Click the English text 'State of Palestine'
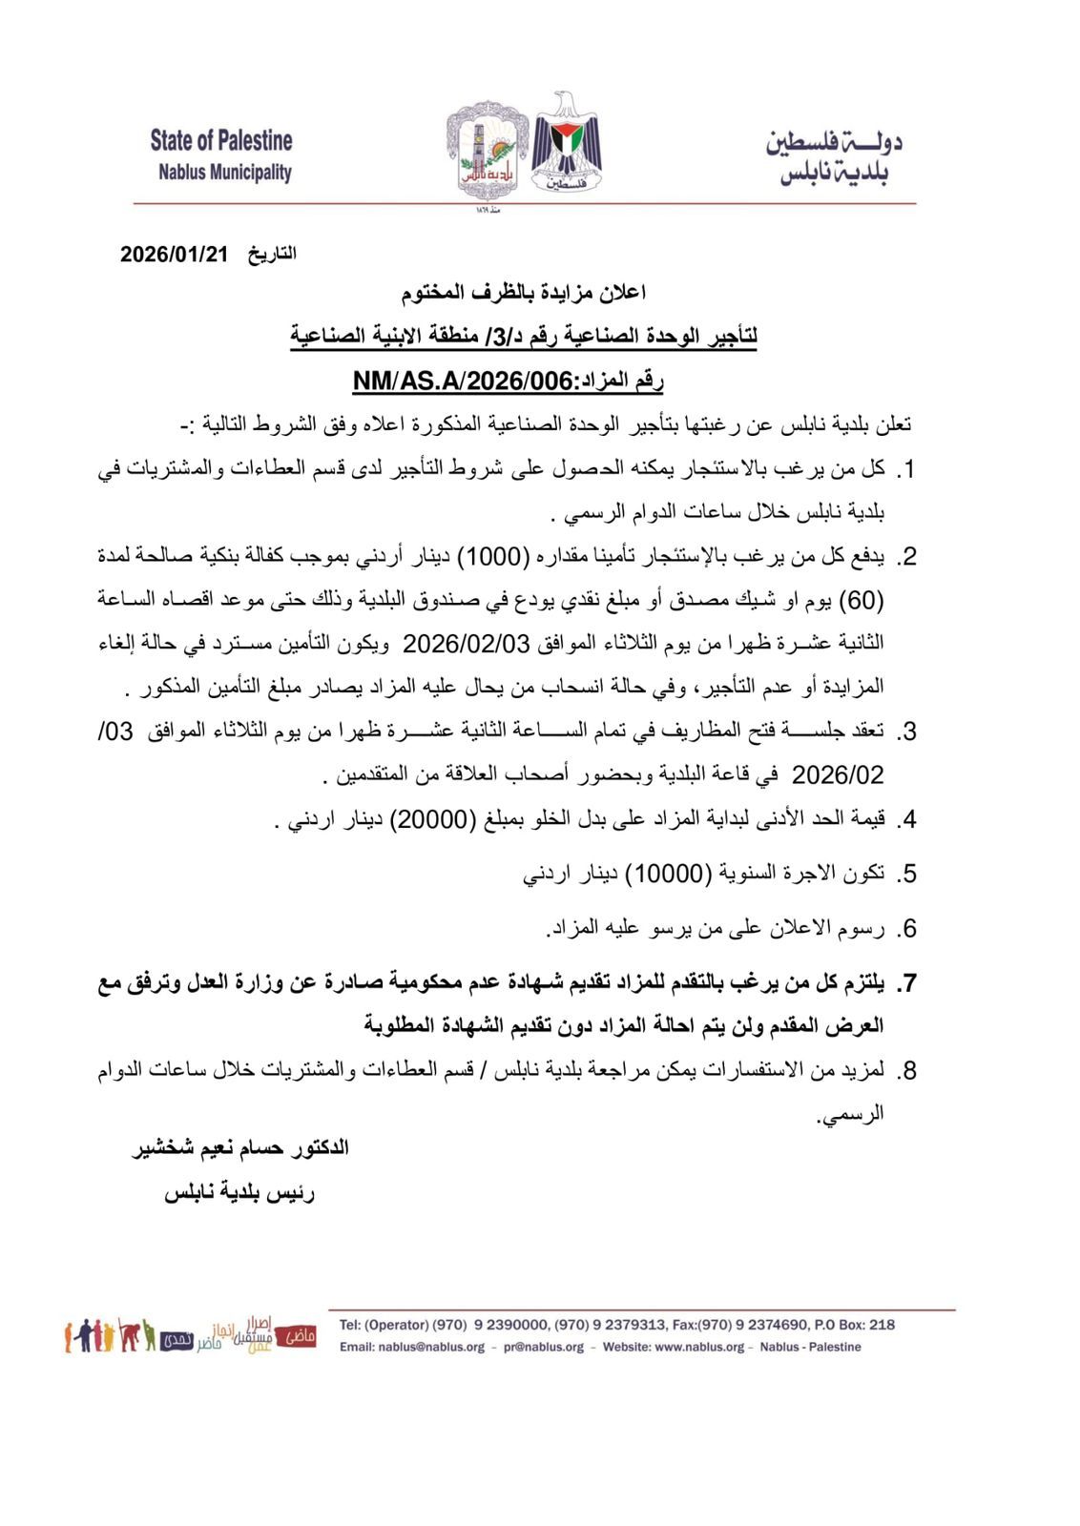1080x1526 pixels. [x=221, y=141]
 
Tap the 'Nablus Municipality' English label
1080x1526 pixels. [x=224, y=173]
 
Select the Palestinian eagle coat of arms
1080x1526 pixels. [x=566, y=140]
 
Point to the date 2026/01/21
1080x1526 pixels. [x=176, y=255]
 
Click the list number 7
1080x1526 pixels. [x=907, y=983]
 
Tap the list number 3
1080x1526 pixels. [x=907, y=732]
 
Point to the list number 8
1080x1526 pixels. [x=907, y=1071]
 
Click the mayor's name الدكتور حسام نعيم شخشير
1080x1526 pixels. [x=240, y=1147]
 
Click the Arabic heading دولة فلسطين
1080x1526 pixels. [x=834, y=142]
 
